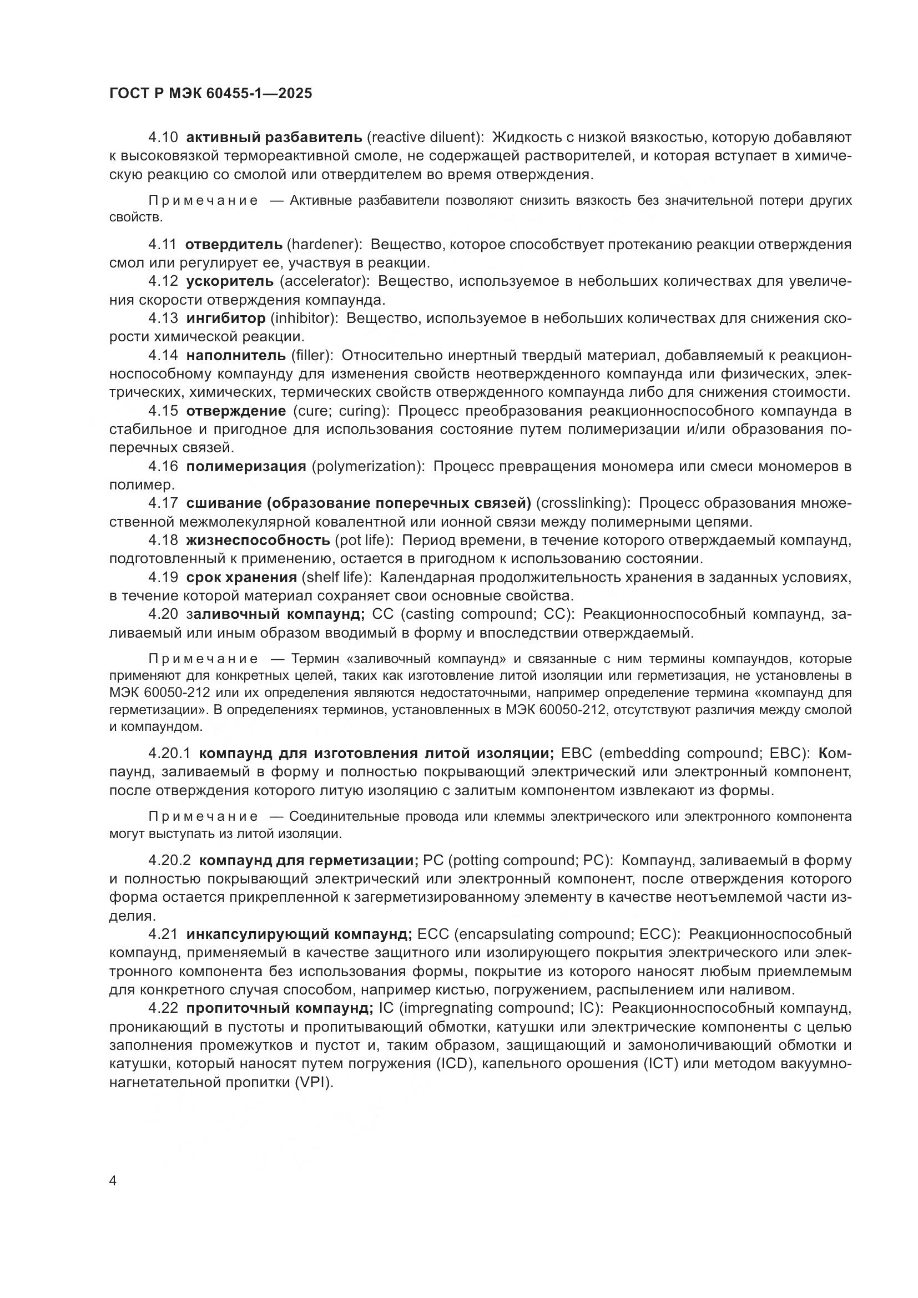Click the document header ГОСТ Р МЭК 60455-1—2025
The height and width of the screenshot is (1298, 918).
pyautogui.click(x=210, y=94)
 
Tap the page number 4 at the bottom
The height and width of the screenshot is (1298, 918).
pyautogui.click(x=113, y=1181)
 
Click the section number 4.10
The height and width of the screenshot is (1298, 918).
pyautogui.click(x=163, y=138)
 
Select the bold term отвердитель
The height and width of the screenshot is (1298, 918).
pyautogui.click(x=234, y=244)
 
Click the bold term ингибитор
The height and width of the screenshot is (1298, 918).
pyautogui.click(x=225, y=319)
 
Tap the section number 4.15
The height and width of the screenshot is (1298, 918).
pyautogui.click(x=163, y=411)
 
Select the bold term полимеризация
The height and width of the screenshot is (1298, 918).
pyautogui.click(x=246, y=466)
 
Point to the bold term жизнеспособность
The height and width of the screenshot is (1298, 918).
pyautogui.click(x=258, y=540)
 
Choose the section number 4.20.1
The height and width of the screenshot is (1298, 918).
pyautogui.click(x=170, y=754)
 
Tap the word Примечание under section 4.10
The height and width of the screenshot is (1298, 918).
pyautogui.click(x=203, y=201)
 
